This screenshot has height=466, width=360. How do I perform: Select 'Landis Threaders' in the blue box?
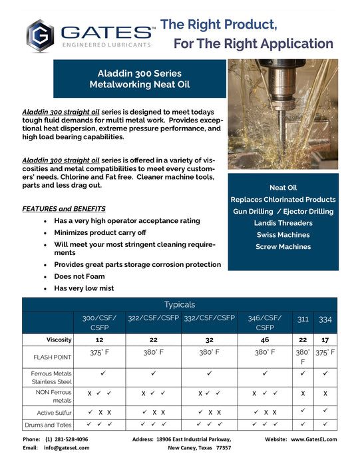pyautogui.click(x=283, y=223)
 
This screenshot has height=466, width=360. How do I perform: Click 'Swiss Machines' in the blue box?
pyautogui.click(x=283, y=235)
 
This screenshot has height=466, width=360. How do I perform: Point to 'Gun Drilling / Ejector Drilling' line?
pyautogui.click(x=283, y=211)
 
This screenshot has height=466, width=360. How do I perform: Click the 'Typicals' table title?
pyautogui.click(x=180, y=304)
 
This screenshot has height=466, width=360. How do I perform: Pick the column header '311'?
pyautogui.click(x=303, y=320)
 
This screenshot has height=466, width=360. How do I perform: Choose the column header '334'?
pyautogui.click(x=325, y=320)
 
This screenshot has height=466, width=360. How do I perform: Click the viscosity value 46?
pyautogui.click(x=265, y=340)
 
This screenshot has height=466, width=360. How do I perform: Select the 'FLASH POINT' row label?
pyautogui.click(x=51, y=357)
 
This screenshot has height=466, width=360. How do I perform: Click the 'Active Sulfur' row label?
pyautogui.click(x=51, y=412)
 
